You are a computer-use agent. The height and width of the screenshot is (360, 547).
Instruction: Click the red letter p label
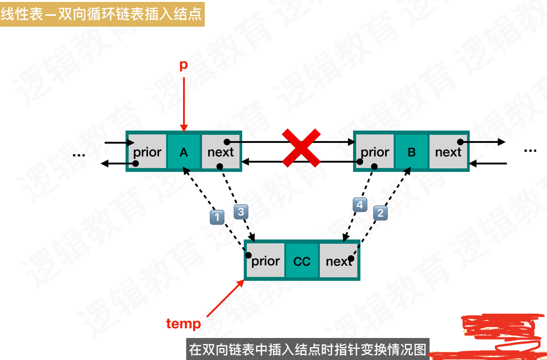tap(183, 65)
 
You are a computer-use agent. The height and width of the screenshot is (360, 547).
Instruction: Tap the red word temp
tap(183, 323)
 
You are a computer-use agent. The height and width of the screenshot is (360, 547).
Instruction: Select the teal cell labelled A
tap(184, 152)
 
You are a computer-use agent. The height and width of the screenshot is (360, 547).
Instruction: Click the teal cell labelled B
tap(411, 152)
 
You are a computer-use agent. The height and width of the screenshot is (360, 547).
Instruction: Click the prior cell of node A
tap(147, 152)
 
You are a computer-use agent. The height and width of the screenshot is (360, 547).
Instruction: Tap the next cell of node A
tap(221, 152)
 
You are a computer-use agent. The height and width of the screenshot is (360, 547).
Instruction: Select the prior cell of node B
tap(375, 152)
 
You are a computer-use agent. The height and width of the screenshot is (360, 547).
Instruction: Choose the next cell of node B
tap(448, 152)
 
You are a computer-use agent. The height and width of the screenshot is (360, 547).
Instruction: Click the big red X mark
tap(301, 148)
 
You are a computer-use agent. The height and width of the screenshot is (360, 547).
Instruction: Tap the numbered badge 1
tap(217, 217)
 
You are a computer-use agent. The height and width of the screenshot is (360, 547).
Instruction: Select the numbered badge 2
tap(381, 213)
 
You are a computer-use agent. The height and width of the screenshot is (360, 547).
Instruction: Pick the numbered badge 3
tap(241, 212)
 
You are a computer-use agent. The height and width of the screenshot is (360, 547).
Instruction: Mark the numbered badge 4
tap(360, 205)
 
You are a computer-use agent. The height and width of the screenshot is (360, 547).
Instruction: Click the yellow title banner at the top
tap(102, 14)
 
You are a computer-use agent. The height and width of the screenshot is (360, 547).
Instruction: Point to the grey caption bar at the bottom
tap(307, 349)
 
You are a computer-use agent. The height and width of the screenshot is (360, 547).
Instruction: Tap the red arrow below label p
tap(184, 104)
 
